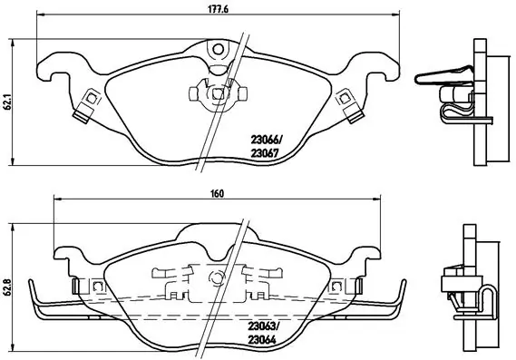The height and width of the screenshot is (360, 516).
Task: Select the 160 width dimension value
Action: pyautogui.click(x=219, y=192)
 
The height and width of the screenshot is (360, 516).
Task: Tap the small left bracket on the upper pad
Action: pyautogui.click(x=89, y=102)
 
